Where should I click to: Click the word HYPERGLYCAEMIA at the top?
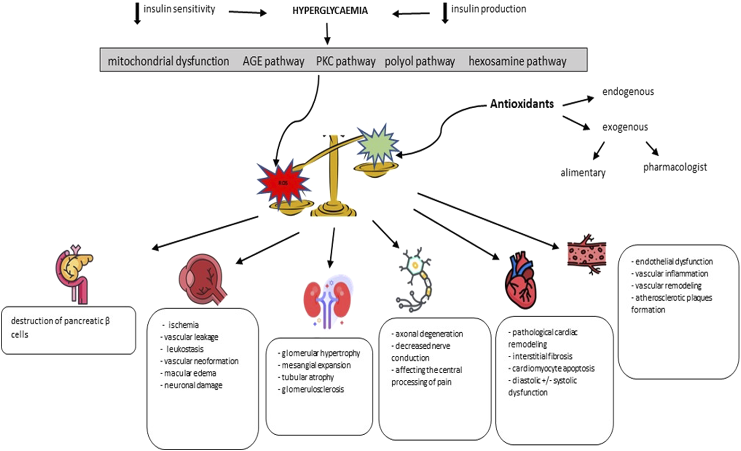coord(330,10)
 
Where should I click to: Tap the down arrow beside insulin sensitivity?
coord(137,14)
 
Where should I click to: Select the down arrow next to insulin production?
coord(445,13)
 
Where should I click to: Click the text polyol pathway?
coord(419,61)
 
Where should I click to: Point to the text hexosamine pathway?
coord(517,61)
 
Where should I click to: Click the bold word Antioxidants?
coord(521,104)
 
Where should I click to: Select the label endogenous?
coord(628,92)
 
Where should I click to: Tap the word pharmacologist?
coord(675,167)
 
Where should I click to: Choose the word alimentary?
coord(583,172)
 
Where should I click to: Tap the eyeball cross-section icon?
coord(202,279)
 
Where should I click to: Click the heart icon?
coord(521,280)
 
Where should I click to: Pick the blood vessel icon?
coord(587,253)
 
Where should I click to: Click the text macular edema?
coord(190,373)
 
